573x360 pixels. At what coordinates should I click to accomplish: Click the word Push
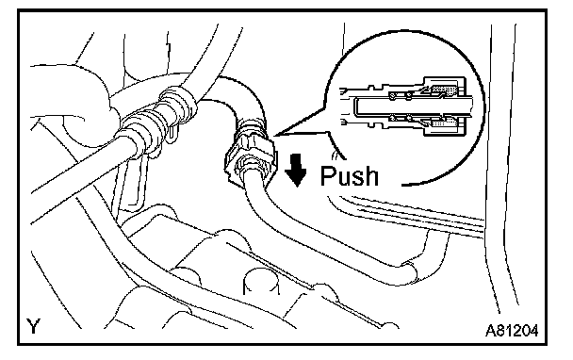pyautogui.click(x=349, y=176)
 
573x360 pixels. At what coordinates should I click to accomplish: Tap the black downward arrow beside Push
pyautogui.click(x=296, y=170)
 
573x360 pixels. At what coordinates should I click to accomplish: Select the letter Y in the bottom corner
pyautogui.click(x=33, y=326)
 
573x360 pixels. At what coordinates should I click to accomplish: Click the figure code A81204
pyautogui.click(x=512, y=331)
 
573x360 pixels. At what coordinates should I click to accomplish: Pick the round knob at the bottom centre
pyautogui.click(x=260, y=281)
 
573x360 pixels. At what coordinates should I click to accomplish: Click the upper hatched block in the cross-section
pyautogui.click(x=445, y=90)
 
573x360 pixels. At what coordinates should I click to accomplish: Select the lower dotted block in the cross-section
pyautogui.click(x=445, y=124)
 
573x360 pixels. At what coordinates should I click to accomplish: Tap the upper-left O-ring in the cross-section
pyautogui.click(x=392, y=96)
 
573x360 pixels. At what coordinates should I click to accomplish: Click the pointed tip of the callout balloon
pyautogui.click(x=275, y=136)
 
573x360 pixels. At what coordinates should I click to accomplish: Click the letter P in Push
pyautogui.click(x=327, y=176)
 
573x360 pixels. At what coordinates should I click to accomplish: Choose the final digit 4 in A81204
pyautogui.click(x=534, y=331)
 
